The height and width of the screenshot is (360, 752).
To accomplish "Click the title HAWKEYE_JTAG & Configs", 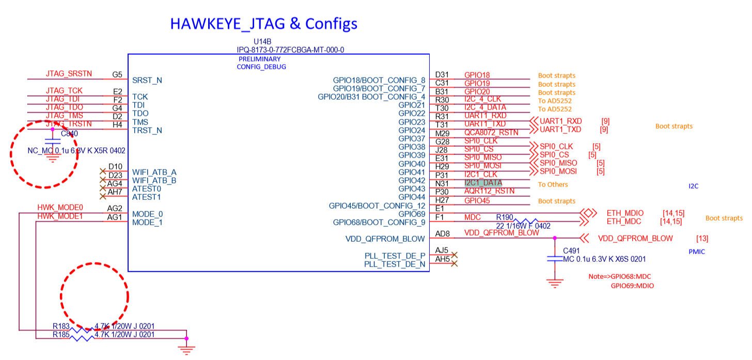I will tap(263, 24).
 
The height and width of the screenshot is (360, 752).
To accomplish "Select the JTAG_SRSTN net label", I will tap(69, 73).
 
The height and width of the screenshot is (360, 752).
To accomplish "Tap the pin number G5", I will tap(117, 74).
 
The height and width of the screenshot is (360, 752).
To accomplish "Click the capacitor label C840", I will tap(69, 134).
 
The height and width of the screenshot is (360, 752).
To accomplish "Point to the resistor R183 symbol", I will tap(81, 330).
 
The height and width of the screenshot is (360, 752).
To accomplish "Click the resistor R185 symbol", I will tap(81, 338).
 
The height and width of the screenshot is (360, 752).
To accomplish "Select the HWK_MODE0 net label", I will tap(60, 208).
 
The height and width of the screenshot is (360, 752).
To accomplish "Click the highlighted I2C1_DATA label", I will tap(483, 183).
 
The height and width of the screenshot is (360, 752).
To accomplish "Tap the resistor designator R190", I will tap(505, 217).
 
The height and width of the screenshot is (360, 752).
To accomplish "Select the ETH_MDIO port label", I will tap(625, 213).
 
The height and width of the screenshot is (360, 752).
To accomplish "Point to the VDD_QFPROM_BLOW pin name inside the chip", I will tap(385, 239).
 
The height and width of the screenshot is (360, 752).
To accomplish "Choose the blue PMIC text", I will tap(697, 252).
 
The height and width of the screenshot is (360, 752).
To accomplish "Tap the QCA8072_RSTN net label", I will tap(491, 133).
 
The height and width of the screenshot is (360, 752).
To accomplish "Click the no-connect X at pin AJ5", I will tap(454, 255).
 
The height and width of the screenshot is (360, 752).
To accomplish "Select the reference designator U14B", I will tap(262, 41).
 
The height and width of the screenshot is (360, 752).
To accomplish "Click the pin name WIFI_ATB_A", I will tap(154, 172).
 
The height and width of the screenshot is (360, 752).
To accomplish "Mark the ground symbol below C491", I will tap(555, 283).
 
